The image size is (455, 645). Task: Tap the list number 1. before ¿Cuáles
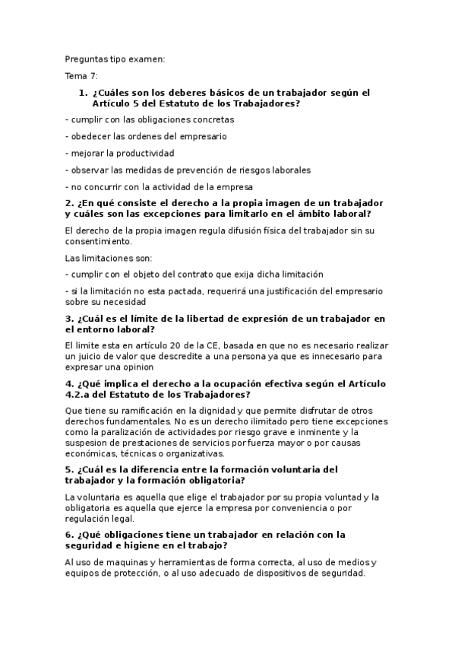[84, 93]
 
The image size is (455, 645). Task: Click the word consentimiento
[99, 241]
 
